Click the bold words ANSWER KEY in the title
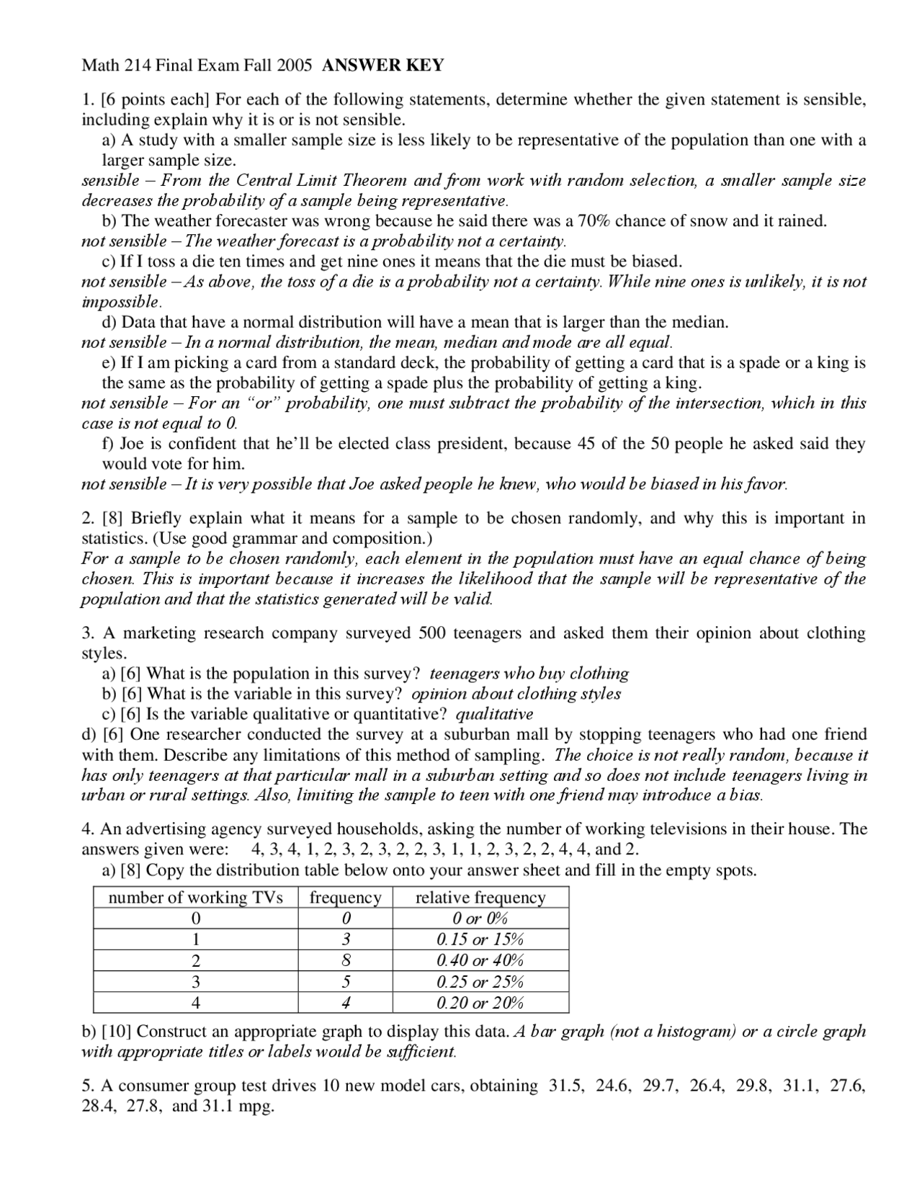tap(383, 66)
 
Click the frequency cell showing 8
tap(346, 960)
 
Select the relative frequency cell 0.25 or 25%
tap(480, 981)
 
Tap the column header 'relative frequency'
tap(480, 897)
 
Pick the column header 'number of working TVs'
tap(195, 897)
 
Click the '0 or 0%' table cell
tap(480, 919)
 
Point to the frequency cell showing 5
tap(346, 981)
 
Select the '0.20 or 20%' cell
tap(480, 1002)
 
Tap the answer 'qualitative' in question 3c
tap(494, 714)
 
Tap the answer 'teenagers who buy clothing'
tap(529, 674)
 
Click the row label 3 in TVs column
tap(195, 981)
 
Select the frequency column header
tap(346, 897)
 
